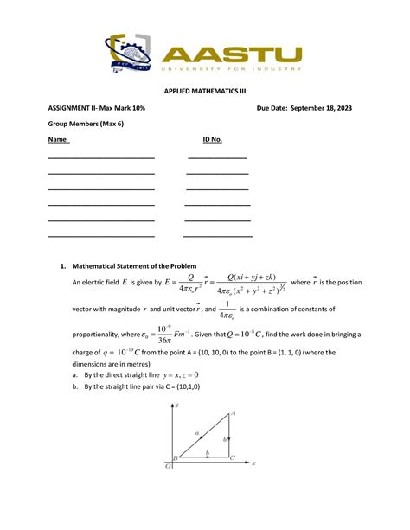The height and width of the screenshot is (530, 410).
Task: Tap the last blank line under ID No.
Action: point(217,235)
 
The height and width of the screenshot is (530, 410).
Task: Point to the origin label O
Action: point(169,467)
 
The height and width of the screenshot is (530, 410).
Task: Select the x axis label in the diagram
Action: point(254,463)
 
